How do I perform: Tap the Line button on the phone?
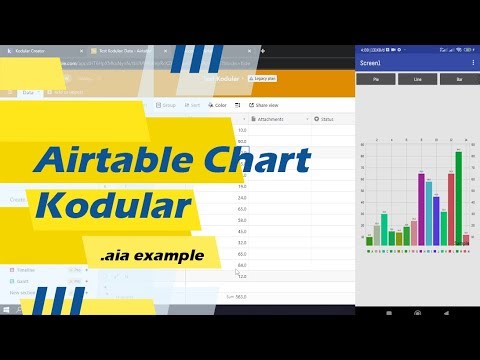[418, 79]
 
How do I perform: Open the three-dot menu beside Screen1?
[472, 62]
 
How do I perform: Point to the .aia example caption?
[152, 256]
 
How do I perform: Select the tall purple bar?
[420, 209]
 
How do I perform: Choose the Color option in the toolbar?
[218, 105]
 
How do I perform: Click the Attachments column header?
[270, 119]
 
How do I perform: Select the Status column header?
[325, 119]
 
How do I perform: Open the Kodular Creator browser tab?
[30, 50]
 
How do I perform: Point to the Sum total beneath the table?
[237, 297]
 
